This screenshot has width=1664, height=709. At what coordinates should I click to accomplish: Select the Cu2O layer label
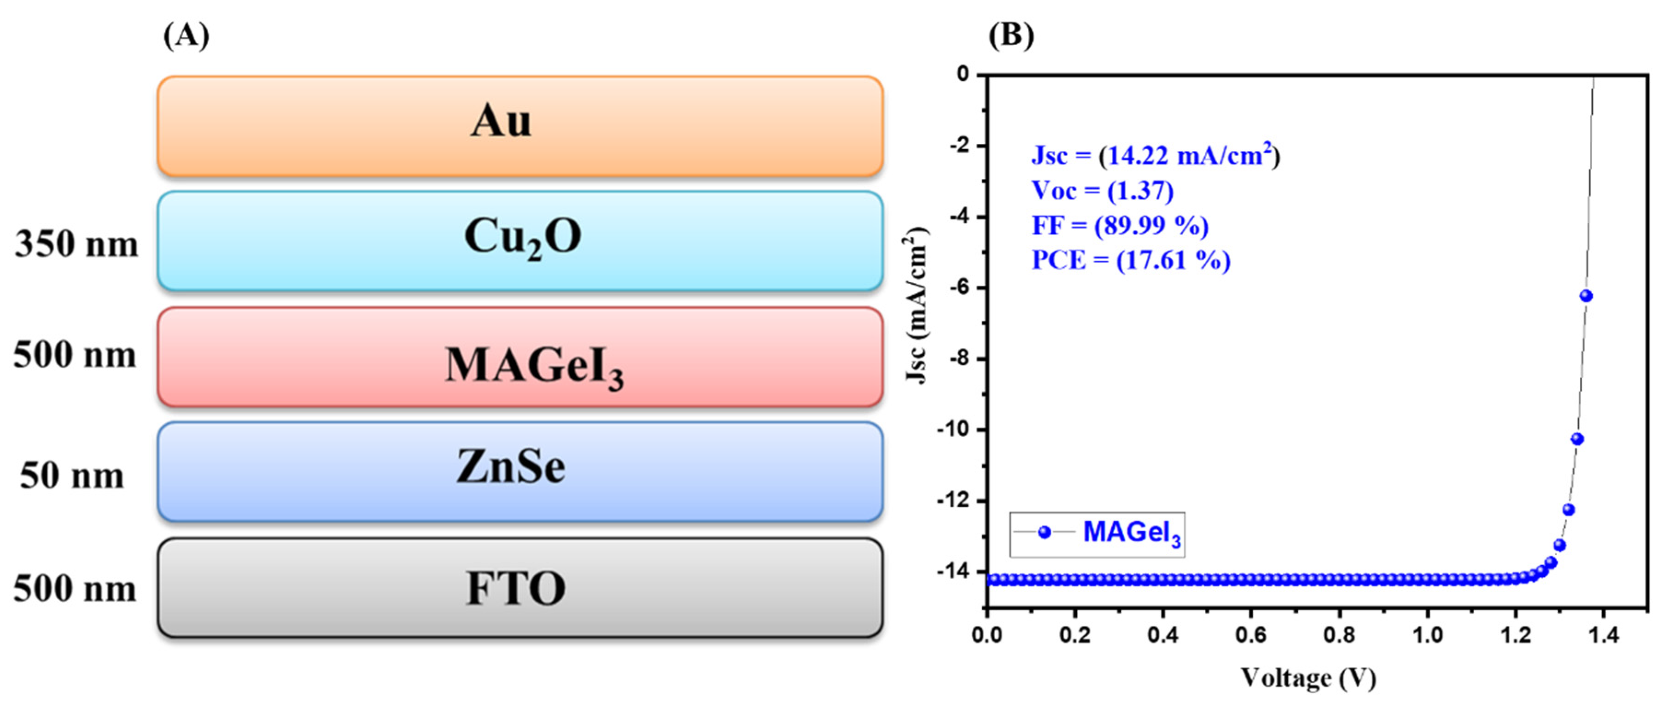coord(522,237)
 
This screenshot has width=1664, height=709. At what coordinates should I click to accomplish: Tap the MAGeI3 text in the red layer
coord(534,366)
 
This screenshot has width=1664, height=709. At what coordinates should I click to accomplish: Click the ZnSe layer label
coord(510,467)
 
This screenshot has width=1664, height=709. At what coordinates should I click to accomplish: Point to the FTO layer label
coord(515,588)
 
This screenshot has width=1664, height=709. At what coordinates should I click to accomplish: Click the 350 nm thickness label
coord(76,244)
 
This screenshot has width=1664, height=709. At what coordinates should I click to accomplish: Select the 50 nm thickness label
coord(72,476)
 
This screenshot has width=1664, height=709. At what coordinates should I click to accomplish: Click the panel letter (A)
coord(186,35)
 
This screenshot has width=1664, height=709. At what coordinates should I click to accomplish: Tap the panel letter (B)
coord(1011,35)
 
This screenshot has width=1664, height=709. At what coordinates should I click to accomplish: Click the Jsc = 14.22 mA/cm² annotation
coord(1155,156)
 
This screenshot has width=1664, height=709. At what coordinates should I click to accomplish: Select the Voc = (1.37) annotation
coord(1102,191)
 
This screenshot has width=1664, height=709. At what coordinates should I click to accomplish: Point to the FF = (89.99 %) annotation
coord(1120,226)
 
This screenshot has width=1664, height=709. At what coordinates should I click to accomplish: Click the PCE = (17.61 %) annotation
coord(1130,260)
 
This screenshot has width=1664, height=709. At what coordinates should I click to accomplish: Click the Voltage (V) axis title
coord(1308,677)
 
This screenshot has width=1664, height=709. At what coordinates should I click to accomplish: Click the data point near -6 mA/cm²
coord(1586,296)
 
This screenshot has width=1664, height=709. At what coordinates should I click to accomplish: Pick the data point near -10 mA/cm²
coord(1577,439)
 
